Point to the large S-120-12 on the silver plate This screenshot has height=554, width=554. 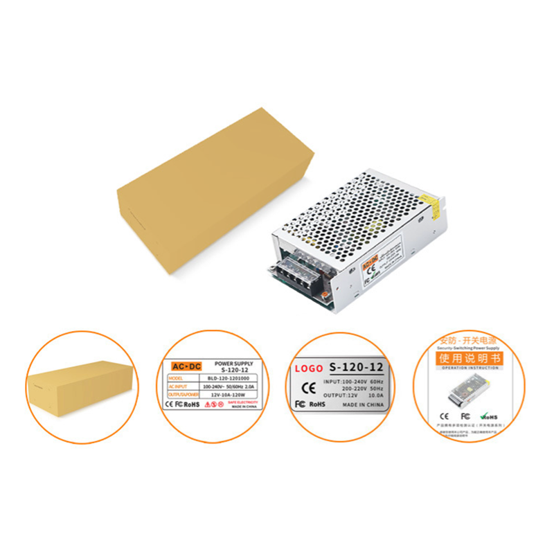pyautogui.click(x=356, y=367)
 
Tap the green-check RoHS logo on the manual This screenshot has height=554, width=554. pyautogui.click(x=489, y=416)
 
